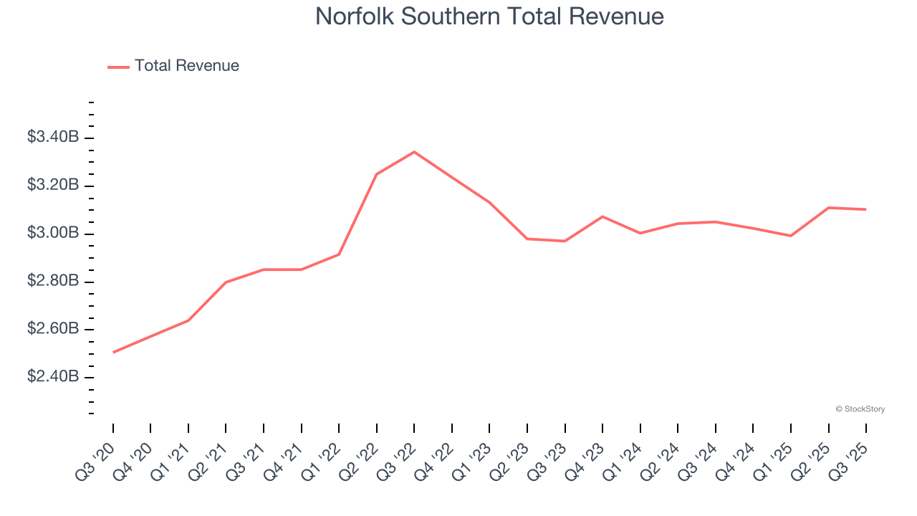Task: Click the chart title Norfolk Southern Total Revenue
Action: [489, 16]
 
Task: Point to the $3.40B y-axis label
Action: [53, 137]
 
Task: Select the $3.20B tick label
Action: [53, 185]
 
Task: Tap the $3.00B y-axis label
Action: [53, 233]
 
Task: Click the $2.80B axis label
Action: [53, 281]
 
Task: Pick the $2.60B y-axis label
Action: [53, 329]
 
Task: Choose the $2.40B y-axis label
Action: [53, 377]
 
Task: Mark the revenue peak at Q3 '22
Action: [414, 152]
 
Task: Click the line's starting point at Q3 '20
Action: [113, 353]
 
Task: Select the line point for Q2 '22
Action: [377, 174]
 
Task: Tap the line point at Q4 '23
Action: [602, 216]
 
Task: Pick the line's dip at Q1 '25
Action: [791, 236]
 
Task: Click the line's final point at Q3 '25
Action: [866, 209]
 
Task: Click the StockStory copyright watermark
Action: [860, 409]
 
